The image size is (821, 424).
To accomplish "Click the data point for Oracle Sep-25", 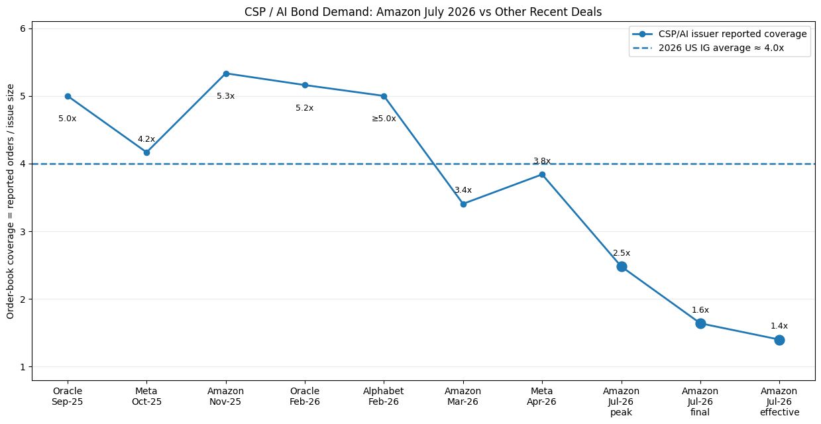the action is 68,96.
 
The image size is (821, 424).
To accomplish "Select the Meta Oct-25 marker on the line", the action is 146,152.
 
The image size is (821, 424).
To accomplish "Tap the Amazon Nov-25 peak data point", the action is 226,74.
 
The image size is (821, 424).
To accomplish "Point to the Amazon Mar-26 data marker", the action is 463,204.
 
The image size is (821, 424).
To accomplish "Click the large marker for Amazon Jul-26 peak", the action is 622,266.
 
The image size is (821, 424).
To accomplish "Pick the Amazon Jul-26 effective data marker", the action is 779,340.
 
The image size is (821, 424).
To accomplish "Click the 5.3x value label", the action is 225,96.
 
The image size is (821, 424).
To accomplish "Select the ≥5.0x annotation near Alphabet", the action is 384,119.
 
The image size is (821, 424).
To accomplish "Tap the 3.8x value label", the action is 542,161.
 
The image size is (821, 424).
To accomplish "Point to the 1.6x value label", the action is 700,310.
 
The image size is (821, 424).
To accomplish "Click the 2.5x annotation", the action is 622,253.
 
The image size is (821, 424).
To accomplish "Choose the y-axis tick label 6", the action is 23,28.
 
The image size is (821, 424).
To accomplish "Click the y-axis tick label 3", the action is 23,232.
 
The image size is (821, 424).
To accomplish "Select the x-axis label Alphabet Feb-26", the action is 384,397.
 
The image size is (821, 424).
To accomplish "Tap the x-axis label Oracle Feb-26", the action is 305,397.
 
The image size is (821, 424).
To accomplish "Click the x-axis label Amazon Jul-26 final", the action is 700,401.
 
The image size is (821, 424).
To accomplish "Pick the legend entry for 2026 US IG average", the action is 708,48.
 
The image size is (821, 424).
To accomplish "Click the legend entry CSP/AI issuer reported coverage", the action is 720,34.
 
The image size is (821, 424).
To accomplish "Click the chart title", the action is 423,12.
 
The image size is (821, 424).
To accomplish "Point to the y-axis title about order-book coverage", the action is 10,201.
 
